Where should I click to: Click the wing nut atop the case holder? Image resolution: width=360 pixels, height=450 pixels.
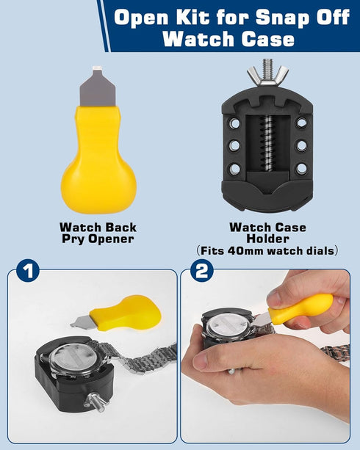click(267, 73)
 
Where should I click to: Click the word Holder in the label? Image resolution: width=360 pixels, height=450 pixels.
click(267, 239)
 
